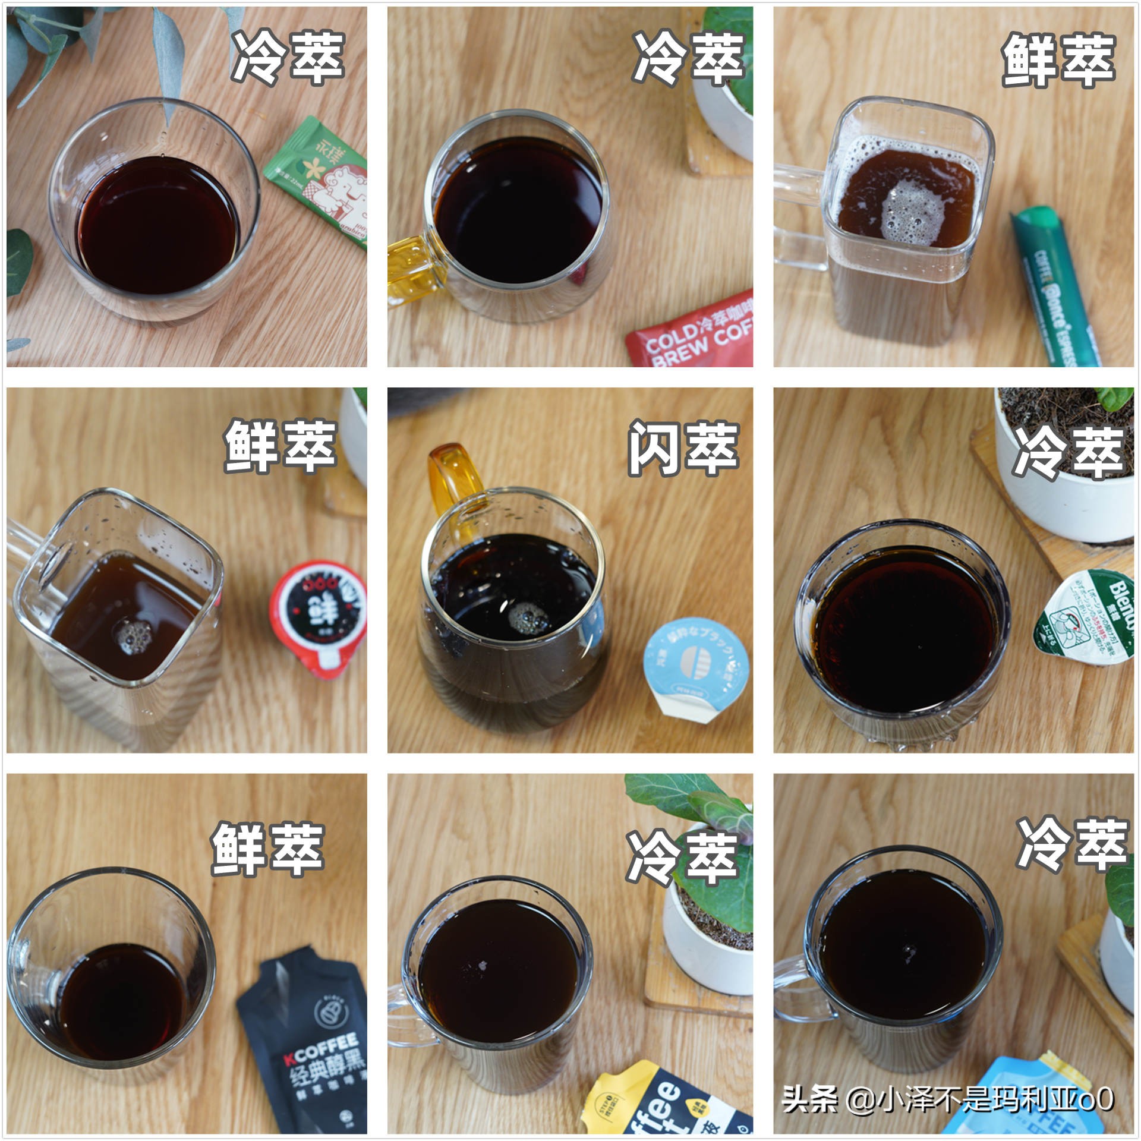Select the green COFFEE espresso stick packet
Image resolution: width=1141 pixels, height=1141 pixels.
1055,285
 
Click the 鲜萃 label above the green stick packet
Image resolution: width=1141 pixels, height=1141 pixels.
1058,59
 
